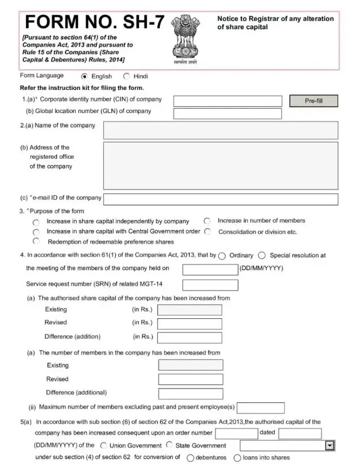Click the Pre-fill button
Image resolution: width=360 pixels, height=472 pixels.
tap(314, 101)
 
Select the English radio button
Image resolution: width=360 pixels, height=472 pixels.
tap(84, 76)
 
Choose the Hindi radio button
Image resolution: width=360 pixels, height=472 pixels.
tap(126, 76)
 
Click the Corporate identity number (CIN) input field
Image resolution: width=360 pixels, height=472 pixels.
tap(227, 101)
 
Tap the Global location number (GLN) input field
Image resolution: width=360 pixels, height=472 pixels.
tap(227, 114)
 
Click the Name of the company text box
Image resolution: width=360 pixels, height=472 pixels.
tap(220, 130)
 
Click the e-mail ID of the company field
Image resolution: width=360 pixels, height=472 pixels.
tap(220, 199)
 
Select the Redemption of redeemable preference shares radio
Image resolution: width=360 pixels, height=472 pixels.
tap(36, 241)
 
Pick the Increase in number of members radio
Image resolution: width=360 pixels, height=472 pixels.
tap(207, 221)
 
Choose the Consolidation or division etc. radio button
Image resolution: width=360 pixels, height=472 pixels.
tap(207, 232)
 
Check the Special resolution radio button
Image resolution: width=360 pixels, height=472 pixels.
tap(262, 256)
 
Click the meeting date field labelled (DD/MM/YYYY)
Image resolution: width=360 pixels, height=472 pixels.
tap(210, 269)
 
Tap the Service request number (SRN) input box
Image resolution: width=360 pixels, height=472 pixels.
tap(210, 284)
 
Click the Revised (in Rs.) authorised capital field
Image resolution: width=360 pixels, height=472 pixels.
tap(189, 323)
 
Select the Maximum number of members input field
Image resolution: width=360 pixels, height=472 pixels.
tap(261, 408)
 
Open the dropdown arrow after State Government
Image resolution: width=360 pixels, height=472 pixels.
tap(330, 446)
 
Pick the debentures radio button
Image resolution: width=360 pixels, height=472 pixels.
tap(190, 458)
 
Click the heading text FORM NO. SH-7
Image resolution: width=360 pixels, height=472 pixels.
tap(95, 23)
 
